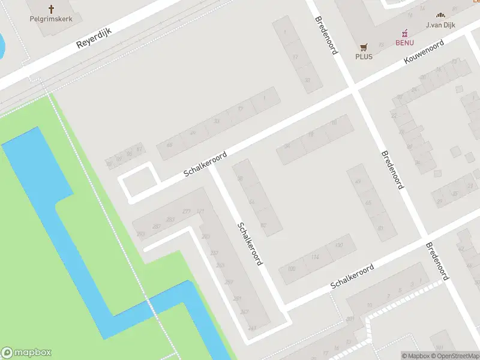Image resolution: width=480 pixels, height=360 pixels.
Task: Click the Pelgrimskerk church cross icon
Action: pos(51,8)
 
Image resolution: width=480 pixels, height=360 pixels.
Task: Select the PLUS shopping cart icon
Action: pos(364,46)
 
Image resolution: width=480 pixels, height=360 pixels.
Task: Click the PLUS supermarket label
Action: pos(364,56)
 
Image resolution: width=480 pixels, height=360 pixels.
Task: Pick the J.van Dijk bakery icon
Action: pos(441,15)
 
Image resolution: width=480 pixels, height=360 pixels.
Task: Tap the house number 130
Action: pos(339,245)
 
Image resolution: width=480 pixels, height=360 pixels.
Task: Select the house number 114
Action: pos(314,257)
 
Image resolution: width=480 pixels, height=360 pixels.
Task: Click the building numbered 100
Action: pos(292,268)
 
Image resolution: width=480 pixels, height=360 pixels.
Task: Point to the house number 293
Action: pos(140,234)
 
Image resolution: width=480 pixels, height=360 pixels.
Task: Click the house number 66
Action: pos(170,145)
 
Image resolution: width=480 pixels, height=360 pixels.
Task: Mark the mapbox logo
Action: pos(26,353)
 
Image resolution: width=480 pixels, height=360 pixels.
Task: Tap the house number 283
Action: pos(170,219)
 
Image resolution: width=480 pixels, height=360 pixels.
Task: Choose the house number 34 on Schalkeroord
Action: pos(287,146)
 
